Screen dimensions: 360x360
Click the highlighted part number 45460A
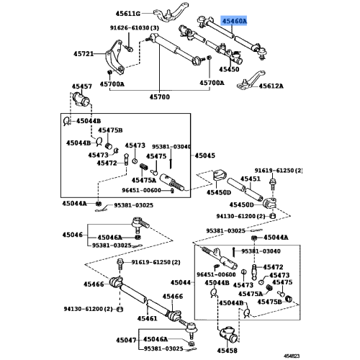233,22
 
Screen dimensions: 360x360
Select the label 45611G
127,14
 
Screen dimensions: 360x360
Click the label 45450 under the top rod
230,70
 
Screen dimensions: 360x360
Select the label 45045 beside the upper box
205,155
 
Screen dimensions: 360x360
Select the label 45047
126,339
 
